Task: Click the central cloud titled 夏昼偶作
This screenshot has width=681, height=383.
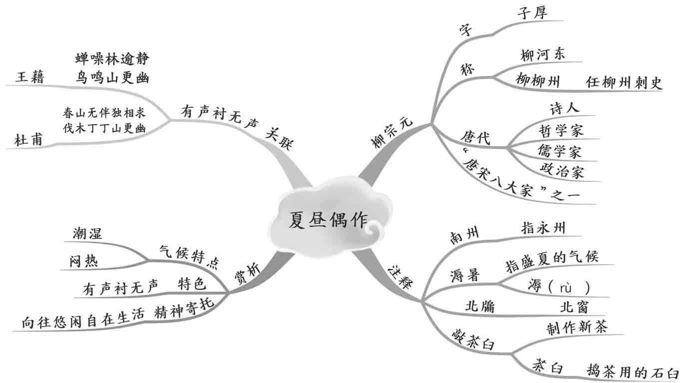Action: (328, 220)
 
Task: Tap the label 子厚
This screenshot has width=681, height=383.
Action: (532, 12)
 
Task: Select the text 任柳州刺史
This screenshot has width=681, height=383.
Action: (624, 82)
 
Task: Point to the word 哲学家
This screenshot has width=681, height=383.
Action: (561, 131)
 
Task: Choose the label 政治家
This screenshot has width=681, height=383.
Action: (562, 171)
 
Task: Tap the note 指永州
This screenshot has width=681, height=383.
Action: (543, 228)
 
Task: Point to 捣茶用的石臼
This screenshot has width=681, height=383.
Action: (633, 373)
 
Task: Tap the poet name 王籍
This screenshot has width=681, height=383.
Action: (30, 77)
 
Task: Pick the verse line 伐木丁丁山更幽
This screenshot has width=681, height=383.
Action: (104, 128)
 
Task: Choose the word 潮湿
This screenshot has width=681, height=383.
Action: (87, 233)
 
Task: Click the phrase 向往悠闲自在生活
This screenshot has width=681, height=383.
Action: (83, 323)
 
